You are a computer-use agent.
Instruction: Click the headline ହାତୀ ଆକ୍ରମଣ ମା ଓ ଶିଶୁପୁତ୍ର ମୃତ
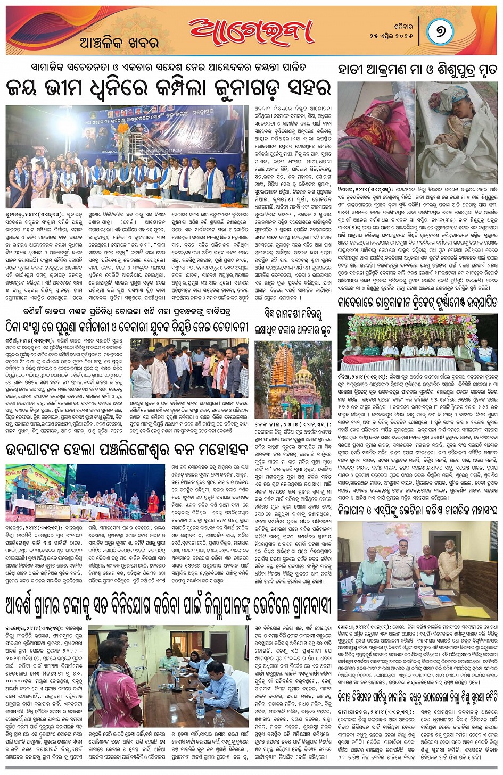pos(417,69)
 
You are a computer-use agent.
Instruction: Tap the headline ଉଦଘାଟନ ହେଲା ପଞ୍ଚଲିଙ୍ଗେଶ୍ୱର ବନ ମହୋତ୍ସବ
pos(127,449)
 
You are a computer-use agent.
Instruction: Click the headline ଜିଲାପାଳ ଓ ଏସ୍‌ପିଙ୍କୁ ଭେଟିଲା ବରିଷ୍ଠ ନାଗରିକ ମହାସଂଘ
pos(417,511)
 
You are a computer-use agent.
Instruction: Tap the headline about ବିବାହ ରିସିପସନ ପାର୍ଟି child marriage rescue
pos(417,696)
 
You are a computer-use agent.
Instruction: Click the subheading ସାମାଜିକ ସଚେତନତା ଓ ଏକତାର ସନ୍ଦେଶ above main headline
pos(168,69)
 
